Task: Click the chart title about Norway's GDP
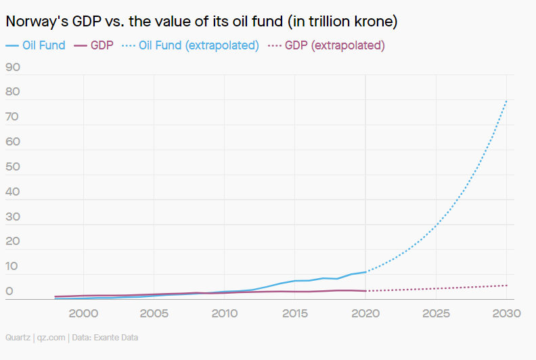201,22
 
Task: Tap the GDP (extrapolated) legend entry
327,46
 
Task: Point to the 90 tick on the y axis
12,67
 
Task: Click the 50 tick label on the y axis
12,166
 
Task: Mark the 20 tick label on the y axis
12,242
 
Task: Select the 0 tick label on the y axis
9,292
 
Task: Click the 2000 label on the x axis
83,313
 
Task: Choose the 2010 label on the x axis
225,313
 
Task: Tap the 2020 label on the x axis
365,313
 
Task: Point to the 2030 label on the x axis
507,313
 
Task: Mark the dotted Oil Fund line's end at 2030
507,100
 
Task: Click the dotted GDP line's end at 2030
507,285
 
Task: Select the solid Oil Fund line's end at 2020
365,271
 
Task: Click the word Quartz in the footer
17,337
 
